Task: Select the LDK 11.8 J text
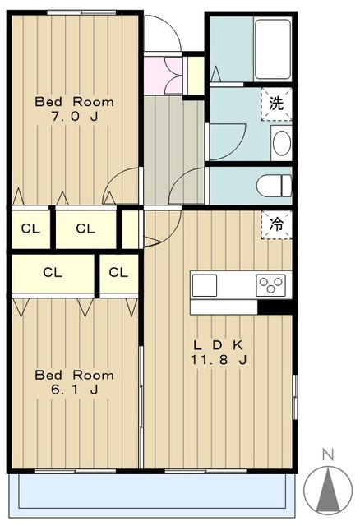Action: click(x=219, y=353)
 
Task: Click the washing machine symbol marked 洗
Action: click(x=276, y=104)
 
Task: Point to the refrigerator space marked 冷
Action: click(x=276, y=224)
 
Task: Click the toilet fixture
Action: click(x=275, y=185)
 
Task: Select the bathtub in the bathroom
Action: click(x=272, y=49)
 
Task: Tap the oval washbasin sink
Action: click(x=281, y=143)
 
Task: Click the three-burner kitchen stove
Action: click(x=270, y=285)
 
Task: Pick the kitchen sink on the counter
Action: click(x=205, y=285)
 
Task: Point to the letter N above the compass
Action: click(x=328, y=454)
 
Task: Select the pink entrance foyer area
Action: click(x=164, y=76)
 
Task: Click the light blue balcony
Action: click(x=152, y=491)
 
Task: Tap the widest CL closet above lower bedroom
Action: click(x=53, y=273)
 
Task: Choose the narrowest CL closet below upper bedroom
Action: click(x=130, y=229)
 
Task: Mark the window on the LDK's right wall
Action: click(x=295, y=397)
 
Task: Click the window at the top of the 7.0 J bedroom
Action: click(x=81, y=13)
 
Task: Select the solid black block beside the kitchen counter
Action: click(x=277, y=307)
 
